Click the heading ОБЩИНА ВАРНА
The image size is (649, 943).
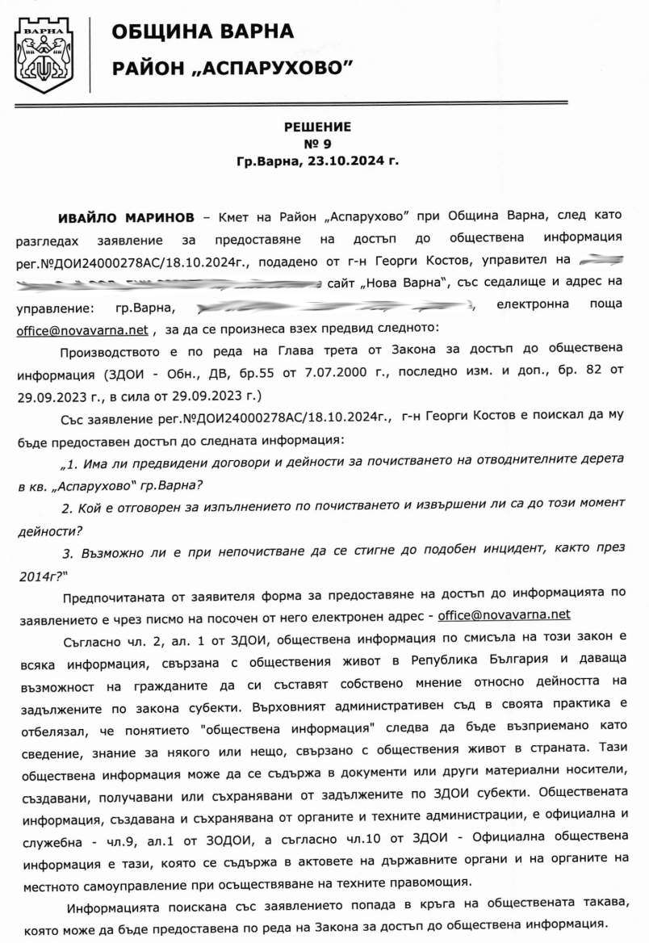click(x=202, y=31)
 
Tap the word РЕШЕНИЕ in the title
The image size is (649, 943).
click(x=317, y=127)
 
